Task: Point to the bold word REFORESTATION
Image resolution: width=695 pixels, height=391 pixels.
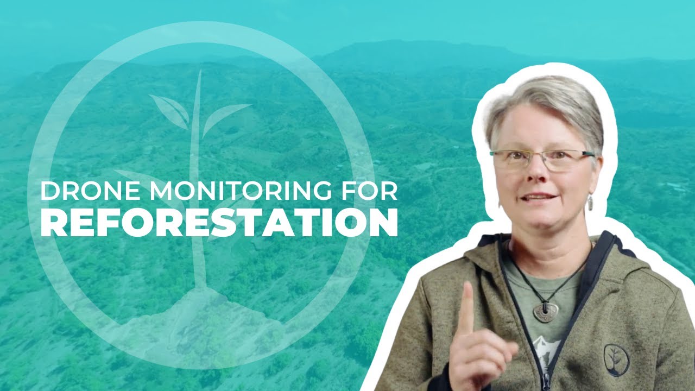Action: click(x=219, y=223)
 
